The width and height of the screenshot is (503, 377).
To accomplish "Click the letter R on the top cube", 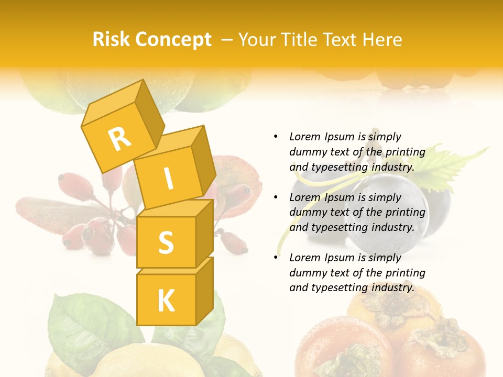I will (x=120, y=139).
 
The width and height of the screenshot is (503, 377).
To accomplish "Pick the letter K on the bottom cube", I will (x=166, y=301).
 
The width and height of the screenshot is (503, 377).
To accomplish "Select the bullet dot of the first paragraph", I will (x=276, y=137).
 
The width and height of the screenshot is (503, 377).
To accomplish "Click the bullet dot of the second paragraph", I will (x=276, y=197).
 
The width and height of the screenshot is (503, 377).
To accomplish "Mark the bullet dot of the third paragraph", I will (x=276, y=258).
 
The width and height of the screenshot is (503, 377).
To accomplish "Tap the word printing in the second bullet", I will (x=405, y=213).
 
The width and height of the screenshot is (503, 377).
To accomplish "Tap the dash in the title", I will (x=227, y=40).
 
